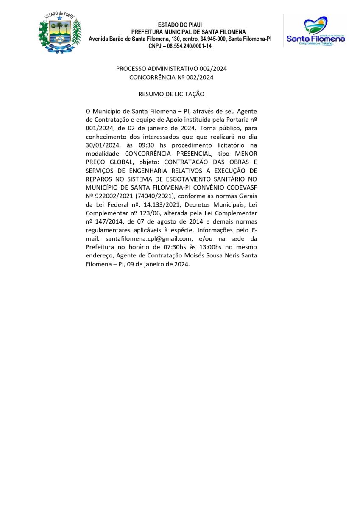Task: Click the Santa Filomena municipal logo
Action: [315, 31]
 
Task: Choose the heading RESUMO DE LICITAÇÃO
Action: [171, 94]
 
